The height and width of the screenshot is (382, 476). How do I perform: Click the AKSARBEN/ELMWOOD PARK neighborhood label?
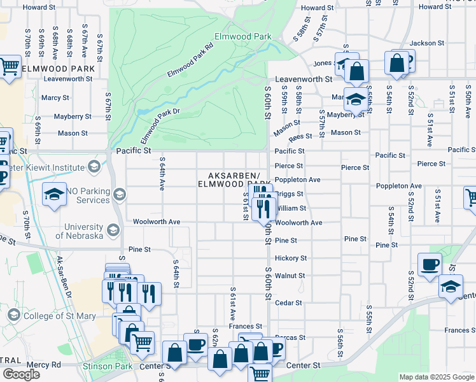234,180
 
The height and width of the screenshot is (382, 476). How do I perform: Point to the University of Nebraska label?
79,231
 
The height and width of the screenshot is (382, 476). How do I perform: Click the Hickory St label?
291,258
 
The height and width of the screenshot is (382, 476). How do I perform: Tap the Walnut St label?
290,276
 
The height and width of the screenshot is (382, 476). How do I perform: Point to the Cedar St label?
289,303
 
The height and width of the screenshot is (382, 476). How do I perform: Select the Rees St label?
300,136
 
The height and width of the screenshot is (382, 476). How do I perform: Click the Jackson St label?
426,43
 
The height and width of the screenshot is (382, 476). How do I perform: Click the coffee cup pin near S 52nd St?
430,263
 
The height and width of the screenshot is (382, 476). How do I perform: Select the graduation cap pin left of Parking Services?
55,194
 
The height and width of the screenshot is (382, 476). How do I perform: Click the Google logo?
21,374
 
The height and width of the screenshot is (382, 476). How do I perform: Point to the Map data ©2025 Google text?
437,377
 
